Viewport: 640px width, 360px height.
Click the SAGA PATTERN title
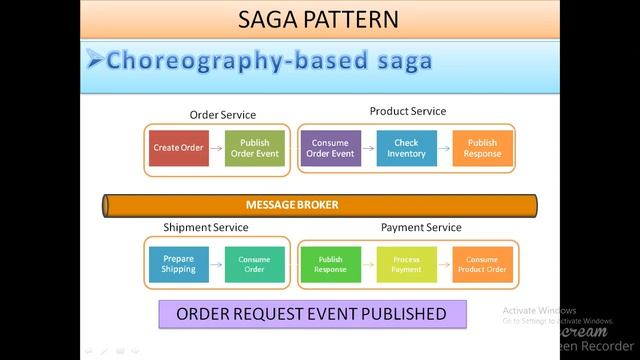click(320, 18)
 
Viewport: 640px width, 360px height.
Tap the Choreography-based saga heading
click(269, 61)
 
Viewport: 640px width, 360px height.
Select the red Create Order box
click(178, 148)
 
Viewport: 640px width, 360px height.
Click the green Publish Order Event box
click(255, 148)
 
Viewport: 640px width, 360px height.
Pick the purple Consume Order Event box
click(331, 148)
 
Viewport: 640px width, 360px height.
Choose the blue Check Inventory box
click(407, 148)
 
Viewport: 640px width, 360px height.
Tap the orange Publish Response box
click(482, 148)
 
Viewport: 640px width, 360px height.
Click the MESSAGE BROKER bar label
click(292, 205)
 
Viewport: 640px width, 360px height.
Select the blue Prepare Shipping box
click(179, 264)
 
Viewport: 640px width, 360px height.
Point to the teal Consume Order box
click(254, 264)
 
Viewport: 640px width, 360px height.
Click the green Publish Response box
click(331, 264)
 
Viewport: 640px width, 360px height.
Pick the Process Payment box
click(407, 264)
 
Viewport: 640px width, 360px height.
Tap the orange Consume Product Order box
click(482, 264)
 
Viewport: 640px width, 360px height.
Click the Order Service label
click(223, 115)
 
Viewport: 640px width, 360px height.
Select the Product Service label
click(408, 111)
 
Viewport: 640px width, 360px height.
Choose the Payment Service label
click(420, 228)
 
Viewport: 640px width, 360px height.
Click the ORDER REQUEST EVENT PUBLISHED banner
click(311, 314)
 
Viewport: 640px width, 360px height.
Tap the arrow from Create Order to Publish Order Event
click(216, 148)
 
